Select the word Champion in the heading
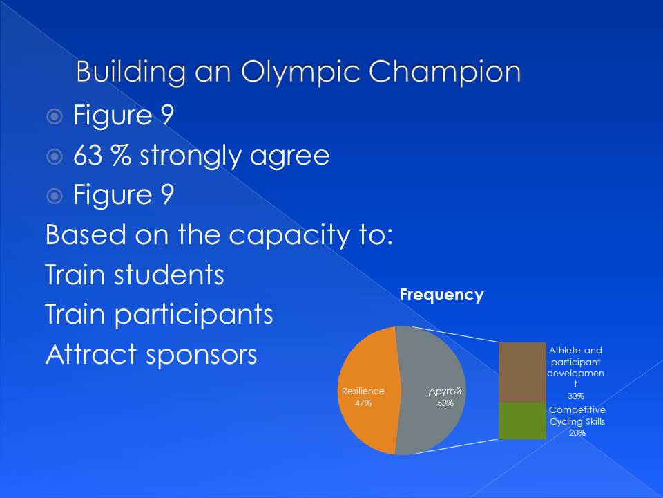click(445, 72)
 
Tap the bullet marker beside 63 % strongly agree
click(55, 157)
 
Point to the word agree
click(289, 157)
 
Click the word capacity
click(289, 235)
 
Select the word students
click(169, 275)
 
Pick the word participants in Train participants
click(193, 315)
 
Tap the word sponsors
click(202, 356)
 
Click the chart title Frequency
click(441, 295)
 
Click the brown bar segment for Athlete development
click(522, 372)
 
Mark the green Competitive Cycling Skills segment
click(522, 421)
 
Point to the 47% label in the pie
click(363, 403)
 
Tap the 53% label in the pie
click(445, 403)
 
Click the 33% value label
click(575, 396)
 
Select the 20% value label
click(577, 433)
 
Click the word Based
click(86, 234)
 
